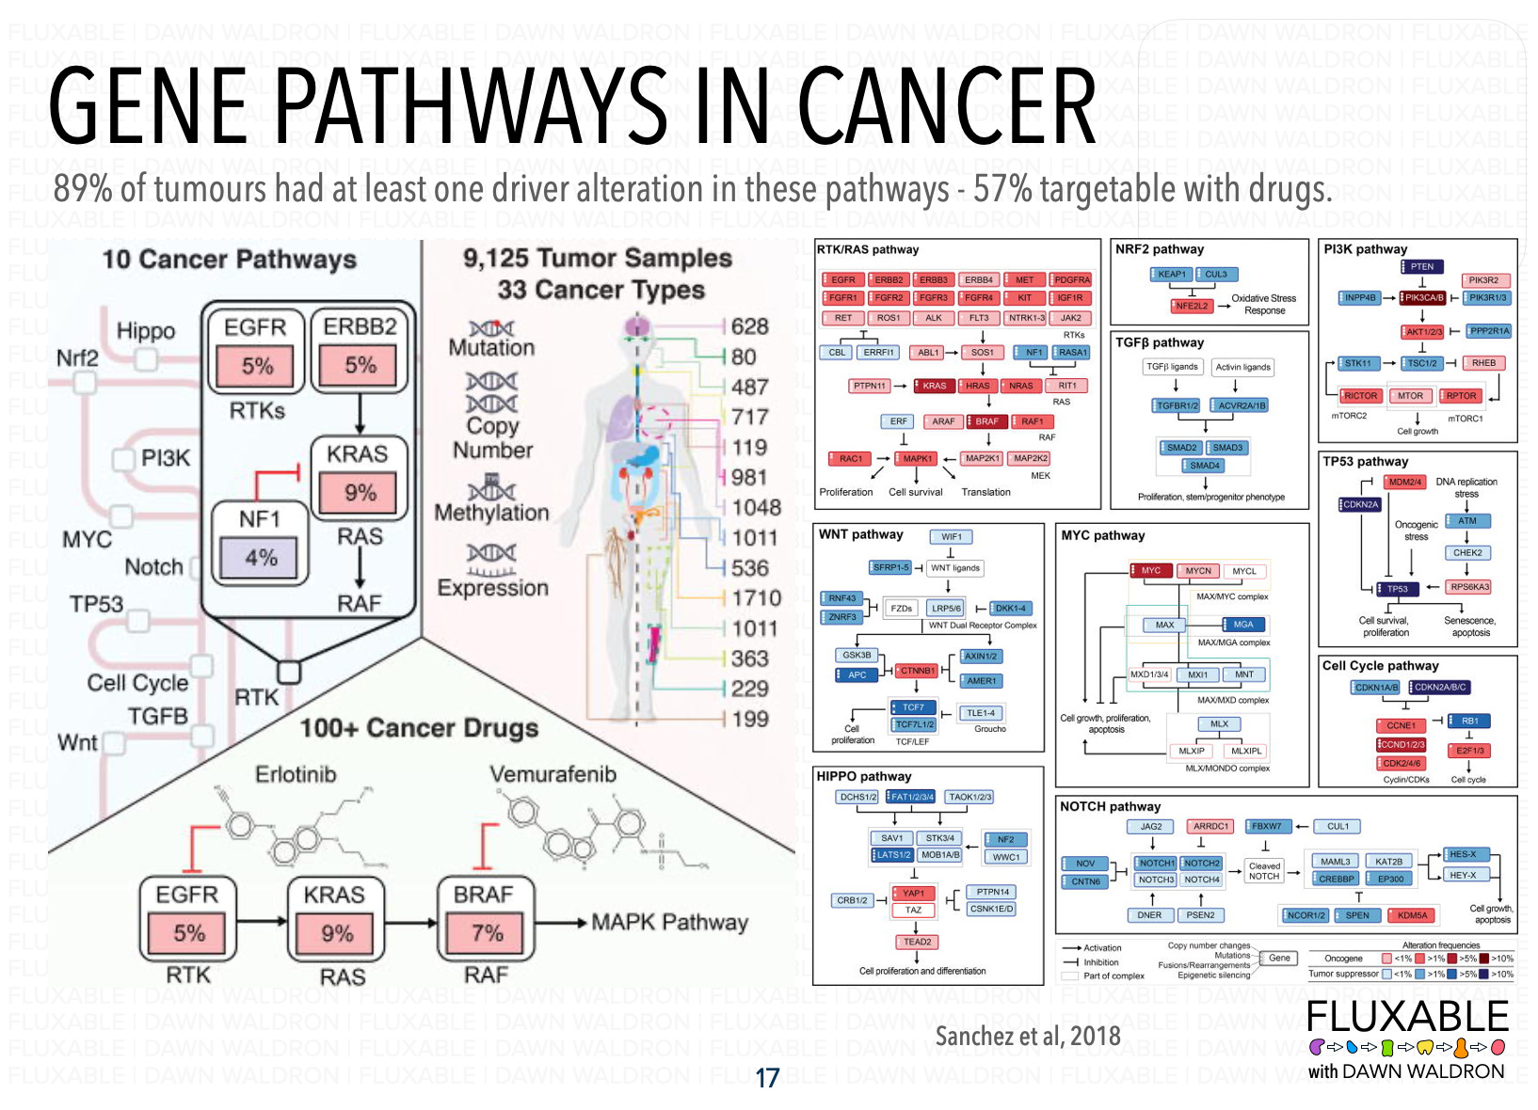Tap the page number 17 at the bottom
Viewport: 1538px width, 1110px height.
[767, 1078]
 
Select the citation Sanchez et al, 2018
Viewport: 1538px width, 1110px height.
[1028, 1037]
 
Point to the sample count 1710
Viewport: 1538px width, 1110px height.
[756, 598]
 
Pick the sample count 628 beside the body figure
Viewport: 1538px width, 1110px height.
[749, 326]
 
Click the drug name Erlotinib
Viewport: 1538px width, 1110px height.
[296, 774]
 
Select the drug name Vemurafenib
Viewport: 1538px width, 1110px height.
[553, 774]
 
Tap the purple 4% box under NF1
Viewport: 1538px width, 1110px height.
[261, 558]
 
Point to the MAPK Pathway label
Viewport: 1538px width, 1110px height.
[669, 923]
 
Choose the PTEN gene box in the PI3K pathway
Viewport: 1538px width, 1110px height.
[1421, 266]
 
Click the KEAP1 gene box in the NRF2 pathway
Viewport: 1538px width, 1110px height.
[1171, 275]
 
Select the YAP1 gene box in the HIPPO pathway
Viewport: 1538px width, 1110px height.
[913, 893]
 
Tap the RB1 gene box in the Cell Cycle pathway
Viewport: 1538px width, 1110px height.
[1469, 721]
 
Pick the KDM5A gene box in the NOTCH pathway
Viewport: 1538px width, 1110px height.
[1412, 915]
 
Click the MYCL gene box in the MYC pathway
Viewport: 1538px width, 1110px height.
[1244, 571]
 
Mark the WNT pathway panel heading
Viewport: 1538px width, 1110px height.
[860, 534]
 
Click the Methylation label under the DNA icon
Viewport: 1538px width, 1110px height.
[491, 514]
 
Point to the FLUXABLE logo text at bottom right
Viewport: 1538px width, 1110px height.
[1407, 1017]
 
